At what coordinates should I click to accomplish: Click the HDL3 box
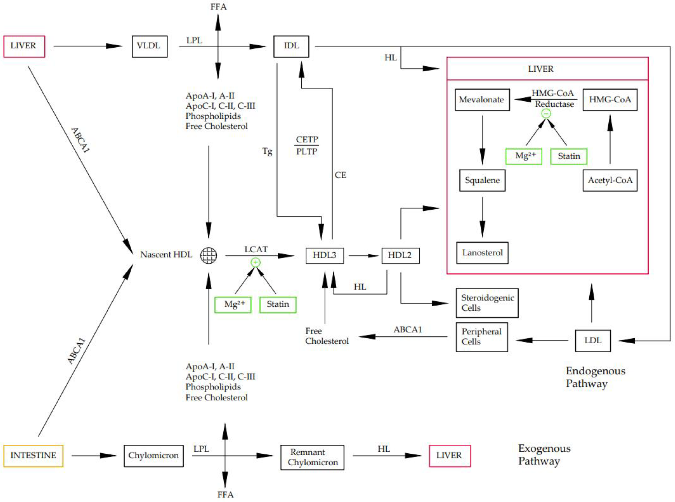(324, 255)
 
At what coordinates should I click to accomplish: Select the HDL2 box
(400, 255)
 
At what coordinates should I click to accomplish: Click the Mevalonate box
(482, 100)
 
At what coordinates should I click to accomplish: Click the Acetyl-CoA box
(610, 181)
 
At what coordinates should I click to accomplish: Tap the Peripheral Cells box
(482, 337)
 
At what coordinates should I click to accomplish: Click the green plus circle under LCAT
(256, 262)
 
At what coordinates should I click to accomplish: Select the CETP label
(307, 139)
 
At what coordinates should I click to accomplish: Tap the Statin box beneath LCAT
(278, 304)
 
